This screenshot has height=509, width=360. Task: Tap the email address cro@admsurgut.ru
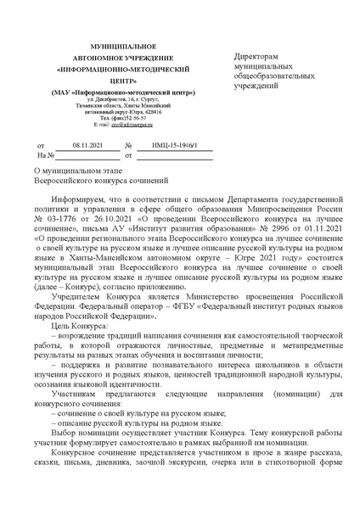coord(119,124)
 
